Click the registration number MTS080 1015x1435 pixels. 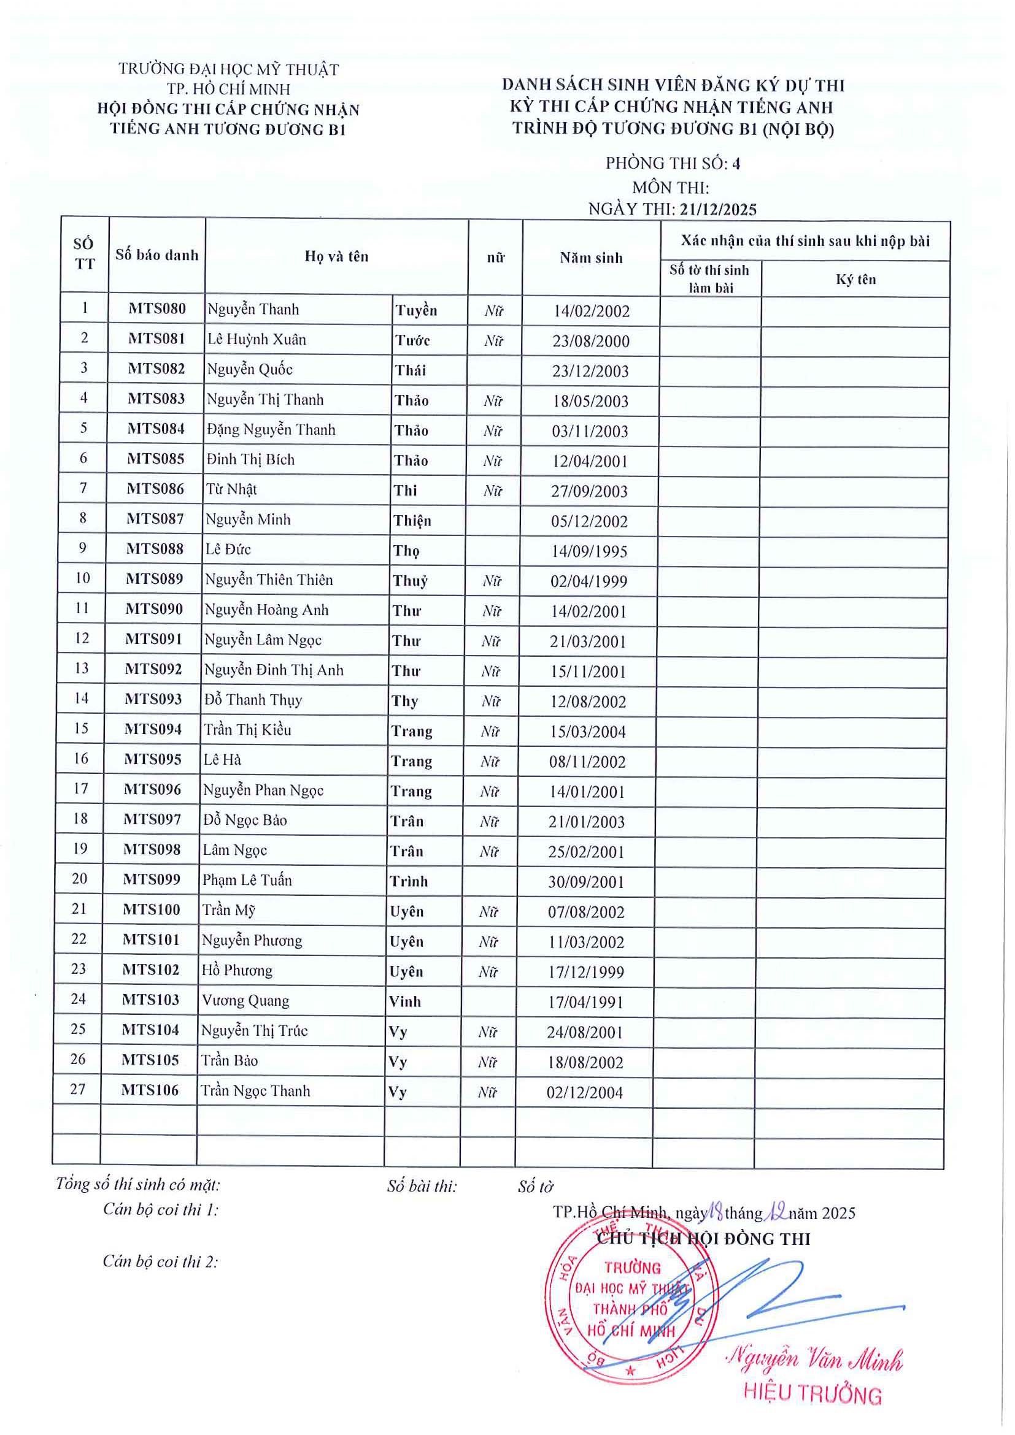(x=157, y=308)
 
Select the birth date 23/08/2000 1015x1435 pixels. (x=590, y=341)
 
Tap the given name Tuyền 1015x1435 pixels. (x=416, y=310)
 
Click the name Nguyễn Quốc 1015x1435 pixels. (x=250, y=369)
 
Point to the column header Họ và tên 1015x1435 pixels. (x=336, y=256)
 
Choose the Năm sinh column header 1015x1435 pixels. (x=591, y=258)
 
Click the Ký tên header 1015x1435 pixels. (x=855, y=280)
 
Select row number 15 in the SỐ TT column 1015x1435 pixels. (x=81, y=728)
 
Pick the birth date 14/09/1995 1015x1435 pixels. (x=589, y=551)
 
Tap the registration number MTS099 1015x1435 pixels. (x=152, y=879)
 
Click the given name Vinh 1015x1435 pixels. (x=404, y=1001)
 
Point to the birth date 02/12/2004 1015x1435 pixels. (x=584, y=1092)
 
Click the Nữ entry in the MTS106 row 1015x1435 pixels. (x=487, y=1092)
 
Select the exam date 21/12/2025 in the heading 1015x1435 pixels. (x=718, y=209)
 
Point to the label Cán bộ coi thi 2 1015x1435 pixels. (x=160, y=1261)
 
